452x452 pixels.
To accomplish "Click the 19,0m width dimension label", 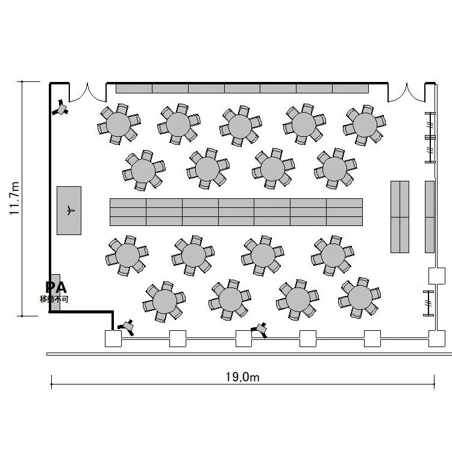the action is [x=242, y=377].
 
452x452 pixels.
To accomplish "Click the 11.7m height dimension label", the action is [x=14, y=198].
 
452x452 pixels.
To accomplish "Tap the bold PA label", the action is [x=56, y=287].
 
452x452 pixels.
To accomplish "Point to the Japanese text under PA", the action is [x=54, y=299].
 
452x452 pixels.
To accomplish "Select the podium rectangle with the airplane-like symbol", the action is [x=69, y=210].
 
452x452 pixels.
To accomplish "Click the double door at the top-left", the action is [x=87, y=93].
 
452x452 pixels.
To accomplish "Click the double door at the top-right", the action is [x=406, y=93].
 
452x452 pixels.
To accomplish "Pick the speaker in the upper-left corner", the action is [x=60, y=108].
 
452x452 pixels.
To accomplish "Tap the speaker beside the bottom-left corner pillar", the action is [x=126, y=327].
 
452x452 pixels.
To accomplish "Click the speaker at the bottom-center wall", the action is [x=259, y=330].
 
